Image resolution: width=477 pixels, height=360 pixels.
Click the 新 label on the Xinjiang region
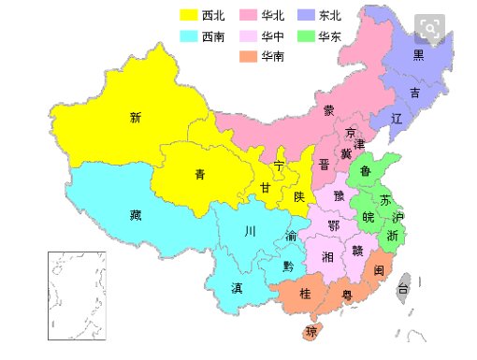(136, 118)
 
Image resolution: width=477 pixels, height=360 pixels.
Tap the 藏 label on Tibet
(136, 215)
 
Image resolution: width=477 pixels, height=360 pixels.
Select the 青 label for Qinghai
(200, 174)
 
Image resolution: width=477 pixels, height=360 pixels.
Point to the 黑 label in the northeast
(419, 55)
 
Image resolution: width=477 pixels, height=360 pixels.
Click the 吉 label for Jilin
(414, 94)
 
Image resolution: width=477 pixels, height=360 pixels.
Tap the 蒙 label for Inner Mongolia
(329, 110)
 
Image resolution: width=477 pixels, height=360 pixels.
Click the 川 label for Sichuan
(249, 231)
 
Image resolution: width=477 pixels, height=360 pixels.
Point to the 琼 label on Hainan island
(312, 332)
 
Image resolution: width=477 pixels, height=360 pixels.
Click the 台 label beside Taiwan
(404, 289)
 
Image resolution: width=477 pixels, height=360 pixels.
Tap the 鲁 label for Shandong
(366, 171)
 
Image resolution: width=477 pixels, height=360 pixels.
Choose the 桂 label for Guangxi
(305, 294)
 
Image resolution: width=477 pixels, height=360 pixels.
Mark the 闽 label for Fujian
(379, 270)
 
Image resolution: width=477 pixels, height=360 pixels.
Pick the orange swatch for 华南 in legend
(249, 56)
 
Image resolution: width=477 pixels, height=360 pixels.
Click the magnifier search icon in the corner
(431, 28)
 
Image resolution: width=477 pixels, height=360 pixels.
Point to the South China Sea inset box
(77, 295)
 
